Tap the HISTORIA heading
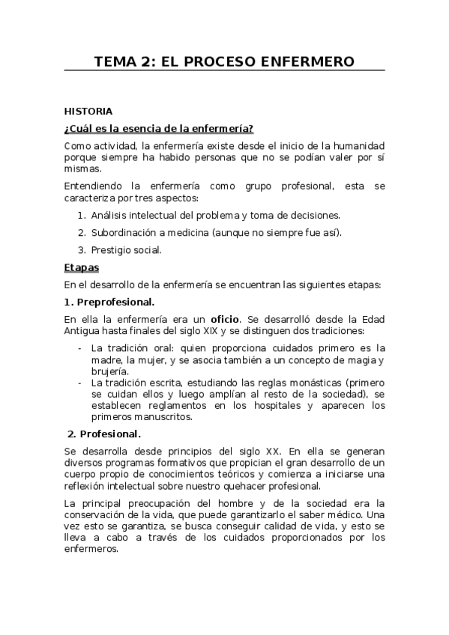pyautogui.click(x=88, y=111)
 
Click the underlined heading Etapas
pyautogui.click(x=81, y=267)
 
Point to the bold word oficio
pyautogui.click(x=224, y=317)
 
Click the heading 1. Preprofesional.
pyautogui.click(x=109, y=301)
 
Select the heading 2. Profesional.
pyautogui.click(x=103, y=434)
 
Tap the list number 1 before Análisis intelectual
pyautogui.click(x=81, y=215)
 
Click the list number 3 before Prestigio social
pyautogui.click(x=81, y=249)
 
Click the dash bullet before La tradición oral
pyautogui.click(x=80, y=347)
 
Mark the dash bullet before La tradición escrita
pyautogui.click(x=80, y=382)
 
